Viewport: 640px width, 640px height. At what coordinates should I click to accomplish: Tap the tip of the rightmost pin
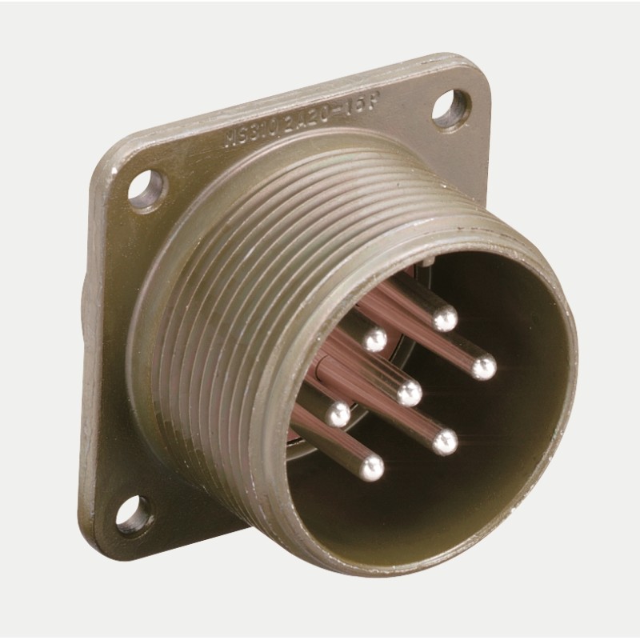483,368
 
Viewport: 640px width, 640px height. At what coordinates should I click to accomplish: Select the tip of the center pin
410,393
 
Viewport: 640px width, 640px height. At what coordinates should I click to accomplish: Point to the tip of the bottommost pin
371,466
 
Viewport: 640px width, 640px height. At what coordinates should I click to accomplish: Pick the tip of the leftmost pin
338,414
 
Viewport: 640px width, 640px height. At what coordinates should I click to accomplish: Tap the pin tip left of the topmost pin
374,341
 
